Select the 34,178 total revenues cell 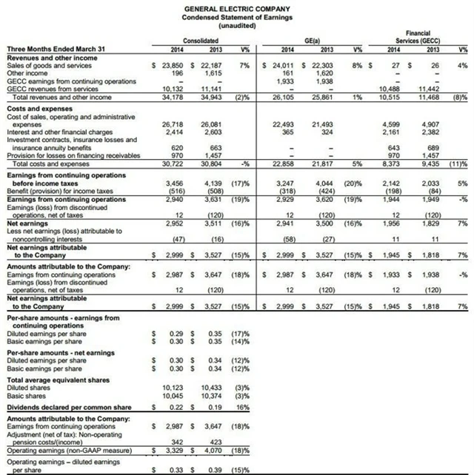tap(170, 98)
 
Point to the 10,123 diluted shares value tap(170, 386)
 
